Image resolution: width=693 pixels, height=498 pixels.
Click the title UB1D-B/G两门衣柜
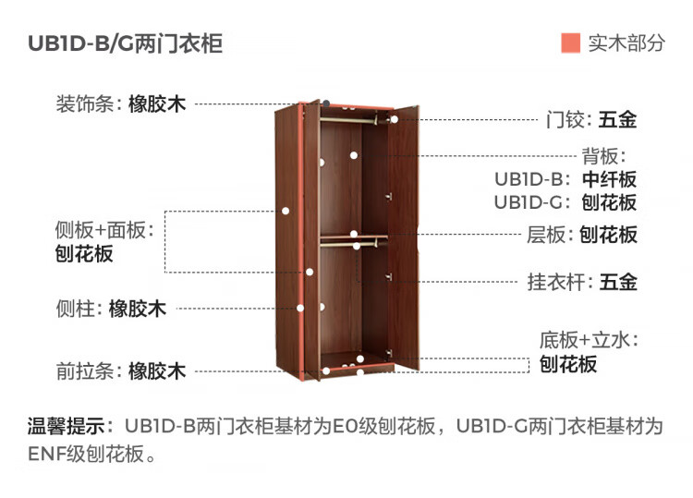[x=125, y=43]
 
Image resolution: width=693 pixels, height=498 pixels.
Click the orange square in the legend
[x=570, y=43]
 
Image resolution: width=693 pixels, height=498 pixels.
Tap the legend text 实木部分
[x=626, y=43]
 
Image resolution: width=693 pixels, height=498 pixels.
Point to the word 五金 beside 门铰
[x=617, y=119]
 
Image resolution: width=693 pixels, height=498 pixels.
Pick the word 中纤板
[x=609, y=179]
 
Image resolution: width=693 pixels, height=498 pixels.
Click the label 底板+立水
[x=589, y=339]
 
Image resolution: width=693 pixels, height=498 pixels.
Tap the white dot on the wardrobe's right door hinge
[x=394, y=119]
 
